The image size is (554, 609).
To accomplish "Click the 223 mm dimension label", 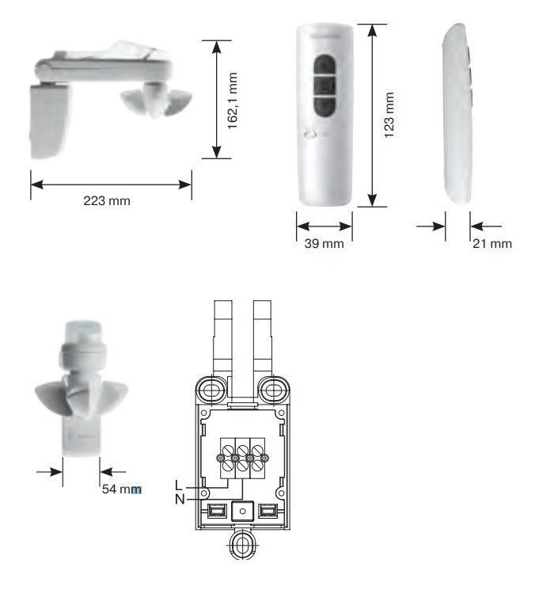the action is pos(107,201).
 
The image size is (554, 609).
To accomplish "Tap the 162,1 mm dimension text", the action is pos(232,101).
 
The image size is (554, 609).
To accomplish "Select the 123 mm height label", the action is pos(389,115).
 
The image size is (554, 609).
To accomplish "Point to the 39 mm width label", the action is pos(324,244).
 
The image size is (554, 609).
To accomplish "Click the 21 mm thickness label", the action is pos(492,244).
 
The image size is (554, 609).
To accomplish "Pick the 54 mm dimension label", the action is pos(122,489).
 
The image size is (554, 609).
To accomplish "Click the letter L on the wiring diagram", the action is pos(179,485).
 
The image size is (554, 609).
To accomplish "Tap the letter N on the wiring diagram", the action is pos(180,499).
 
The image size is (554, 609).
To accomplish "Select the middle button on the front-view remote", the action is pos(324,84).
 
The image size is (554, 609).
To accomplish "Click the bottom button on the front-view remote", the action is pos(324,106).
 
